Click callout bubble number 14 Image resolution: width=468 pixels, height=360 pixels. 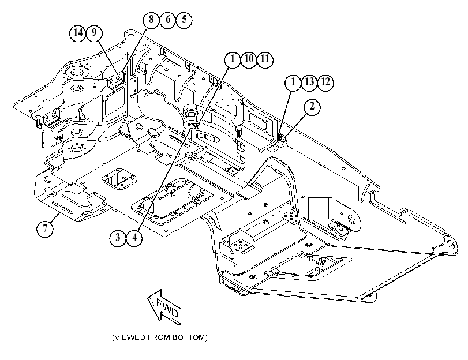pyautogui.click(x=78, y=32)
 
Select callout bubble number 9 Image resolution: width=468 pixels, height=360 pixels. pyautogui.click(x=94, y=32)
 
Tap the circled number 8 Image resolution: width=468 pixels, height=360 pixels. pyautogui.click(x=151, y=20)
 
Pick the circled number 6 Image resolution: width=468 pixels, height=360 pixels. pyautogui.click(x=167, y=20)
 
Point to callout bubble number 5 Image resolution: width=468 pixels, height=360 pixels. pyautogui.click(x=184, y=20)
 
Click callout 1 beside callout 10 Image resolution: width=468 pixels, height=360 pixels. pyautogui.click(x=233, y=59)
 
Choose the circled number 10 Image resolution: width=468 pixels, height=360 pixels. pyautogui.click(x=249, y=59)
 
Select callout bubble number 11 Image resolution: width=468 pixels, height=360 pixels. pyautogui.click(x=265, y=59)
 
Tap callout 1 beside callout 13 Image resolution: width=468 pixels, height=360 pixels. pyautogui.click(x=293, y=82)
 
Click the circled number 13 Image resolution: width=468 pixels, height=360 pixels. pyautogui.click(x=309, y=82)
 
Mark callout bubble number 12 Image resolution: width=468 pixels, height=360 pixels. pyautogui.click(x=325, y=82)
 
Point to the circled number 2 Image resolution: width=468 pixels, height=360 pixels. pyautogui.click(x=312, y=107)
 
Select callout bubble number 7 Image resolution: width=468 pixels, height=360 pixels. pyautogui.click(x=45, y=229)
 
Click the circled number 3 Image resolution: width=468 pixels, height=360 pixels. pyautogui.click(x=118, y=238)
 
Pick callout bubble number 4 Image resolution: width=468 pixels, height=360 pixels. pyautogui.click(x=134, y=238)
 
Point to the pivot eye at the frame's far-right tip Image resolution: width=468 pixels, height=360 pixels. pyautogui.click(x=450, y=245)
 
